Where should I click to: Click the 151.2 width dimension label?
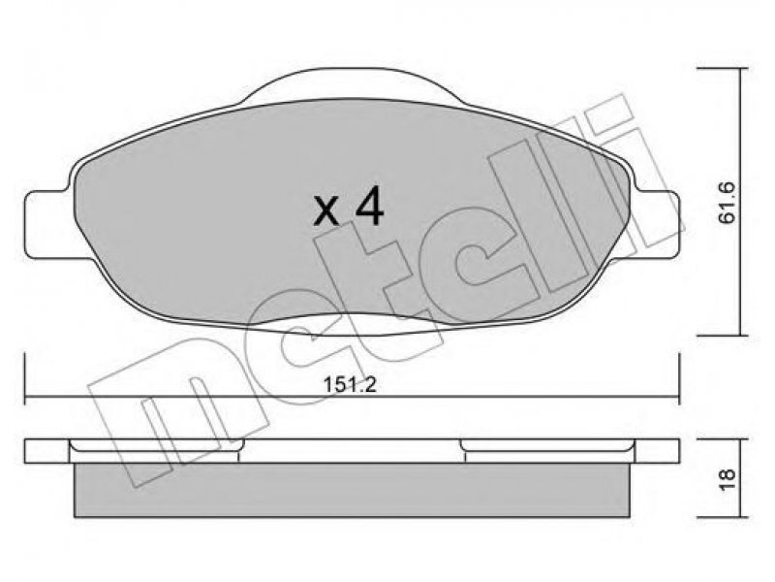tap(350, 384)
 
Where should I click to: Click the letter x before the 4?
tap(326, 211)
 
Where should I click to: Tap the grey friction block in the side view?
tap(352, 490)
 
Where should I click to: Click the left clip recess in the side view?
tap(155, 445)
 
